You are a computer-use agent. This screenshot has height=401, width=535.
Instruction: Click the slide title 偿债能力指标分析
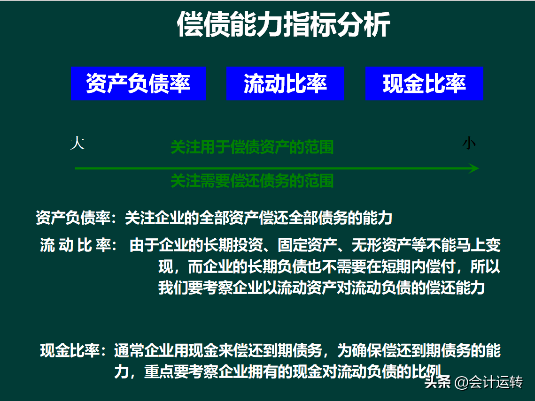point(283,24)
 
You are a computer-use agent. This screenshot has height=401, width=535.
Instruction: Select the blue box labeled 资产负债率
point(138,83)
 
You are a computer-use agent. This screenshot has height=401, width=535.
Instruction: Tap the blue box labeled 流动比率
point(285,83)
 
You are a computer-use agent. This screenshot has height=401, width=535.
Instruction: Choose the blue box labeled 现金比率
point(425,83)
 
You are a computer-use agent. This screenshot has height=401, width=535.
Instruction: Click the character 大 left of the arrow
point(77,143)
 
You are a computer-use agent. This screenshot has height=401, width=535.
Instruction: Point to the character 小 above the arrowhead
point(469,143)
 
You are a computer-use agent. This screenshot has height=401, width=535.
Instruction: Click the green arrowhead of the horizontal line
point(473,168)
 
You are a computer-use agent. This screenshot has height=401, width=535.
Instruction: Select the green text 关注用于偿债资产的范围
point(252,147)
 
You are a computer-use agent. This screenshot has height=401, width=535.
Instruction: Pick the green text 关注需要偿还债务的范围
point(252,181)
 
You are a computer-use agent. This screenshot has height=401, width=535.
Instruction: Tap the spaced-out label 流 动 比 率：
point(78,245)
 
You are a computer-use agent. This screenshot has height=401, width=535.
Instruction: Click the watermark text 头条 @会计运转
point(473,382)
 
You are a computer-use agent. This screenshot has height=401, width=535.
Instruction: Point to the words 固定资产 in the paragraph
point(307,245)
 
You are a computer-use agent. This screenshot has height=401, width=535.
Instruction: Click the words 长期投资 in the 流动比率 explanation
point(233,245)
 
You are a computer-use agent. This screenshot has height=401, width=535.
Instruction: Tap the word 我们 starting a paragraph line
point(173,288)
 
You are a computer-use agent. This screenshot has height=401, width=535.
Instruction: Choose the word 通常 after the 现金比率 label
point(129,350)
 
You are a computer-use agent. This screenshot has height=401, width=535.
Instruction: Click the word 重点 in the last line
point(159,371)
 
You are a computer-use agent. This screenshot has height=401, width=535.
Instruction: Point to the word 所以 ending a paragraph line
point(485,266)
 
